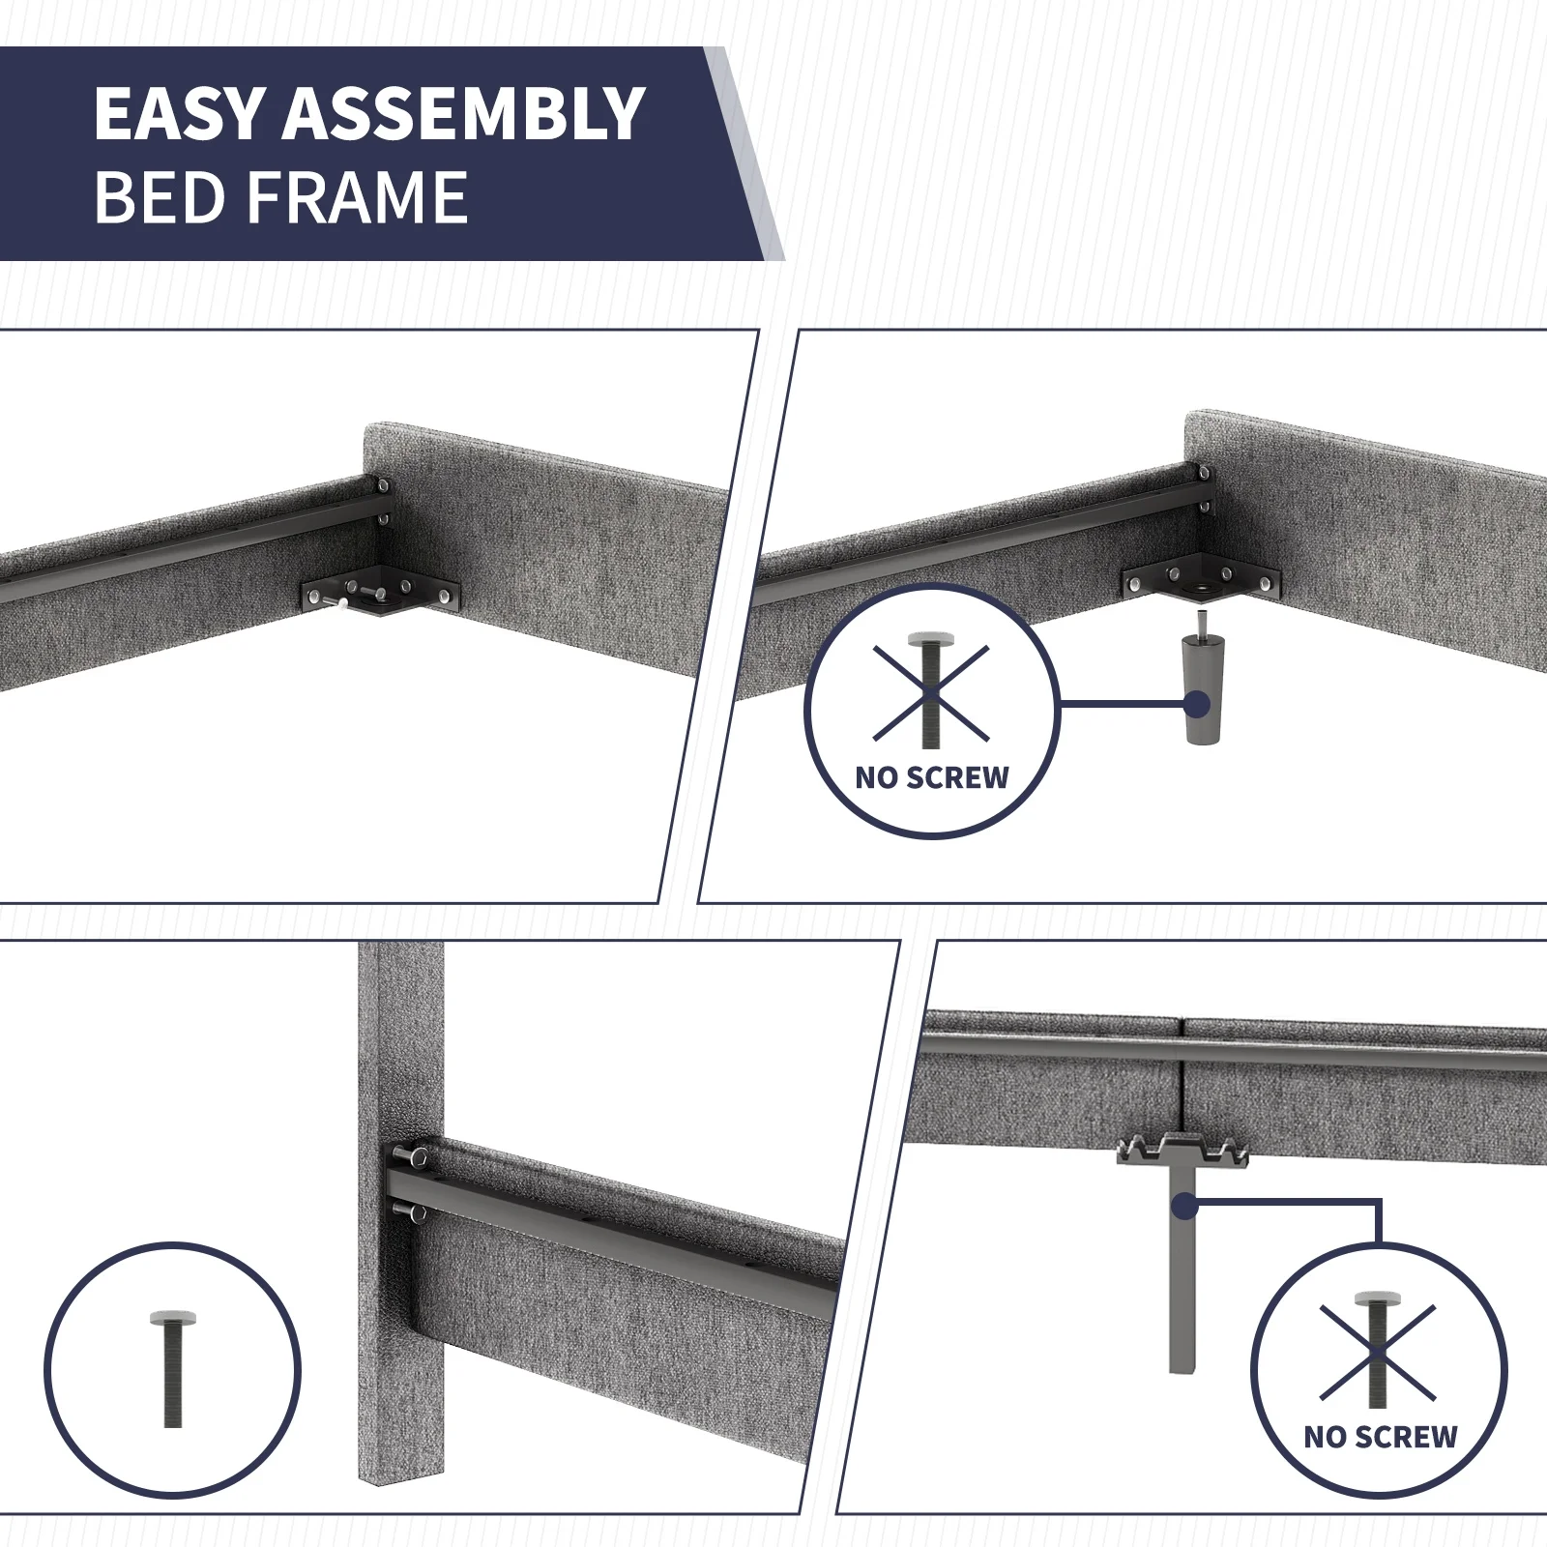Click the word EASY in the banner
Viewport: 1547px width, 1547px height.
coord(178,114)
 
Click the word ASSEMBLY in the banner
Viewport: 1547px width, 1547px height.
coord(463,114)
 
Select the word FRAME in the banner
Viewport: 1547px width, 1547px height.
coord(358,197)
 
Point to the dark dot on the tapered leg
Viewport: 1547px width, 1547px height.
coord(1197,704)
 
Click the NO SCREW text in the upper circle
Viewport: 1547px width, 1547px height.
coord(932,777)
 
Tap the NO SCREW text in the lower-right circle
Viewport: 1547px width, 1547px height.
coord(1380,1437)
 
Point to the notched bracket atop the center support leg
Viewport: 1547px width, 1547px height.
coord(1182,1150)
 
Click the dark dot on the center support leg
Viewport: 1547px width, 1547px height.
coord(1183,1206)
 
